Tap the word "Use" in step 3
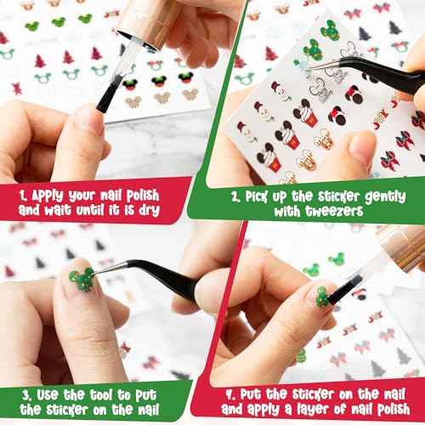point(56,395)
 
